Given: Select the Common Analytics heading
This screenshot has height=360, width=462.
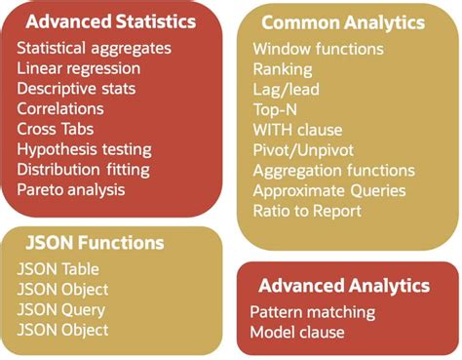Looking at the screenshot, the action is [344, 22].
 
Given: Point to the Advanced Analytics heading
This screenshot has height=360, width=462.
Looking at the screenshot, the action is [344, 286].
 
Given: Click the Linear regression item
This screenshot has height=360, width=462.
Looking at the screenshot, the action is [78, 68].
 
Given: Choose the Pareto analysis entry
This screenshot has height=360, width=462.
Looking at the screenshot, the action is [71, 189].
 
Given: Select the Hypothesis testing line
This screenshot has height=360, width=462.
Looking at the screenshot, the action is [84, 149].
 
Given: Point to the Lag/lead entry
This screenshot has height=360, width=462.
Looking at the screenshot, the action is [285, 89].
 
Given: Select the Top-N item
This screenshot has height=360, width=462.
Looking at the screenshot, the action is [277, 109].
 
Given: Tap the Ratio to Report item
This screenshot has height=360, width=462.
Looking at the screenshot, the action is [306, 211].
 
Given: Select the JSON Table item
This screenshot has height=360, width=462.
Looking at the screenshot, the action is [58, 268].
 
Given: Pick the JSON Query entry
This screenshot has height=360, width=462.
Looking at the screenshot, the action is [60, 309].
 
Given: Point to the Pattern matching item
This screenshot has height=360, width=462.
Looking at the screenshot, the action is [312, 312].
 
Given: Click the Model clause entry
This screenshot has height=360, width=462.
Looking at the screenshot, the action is [296, 333].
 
